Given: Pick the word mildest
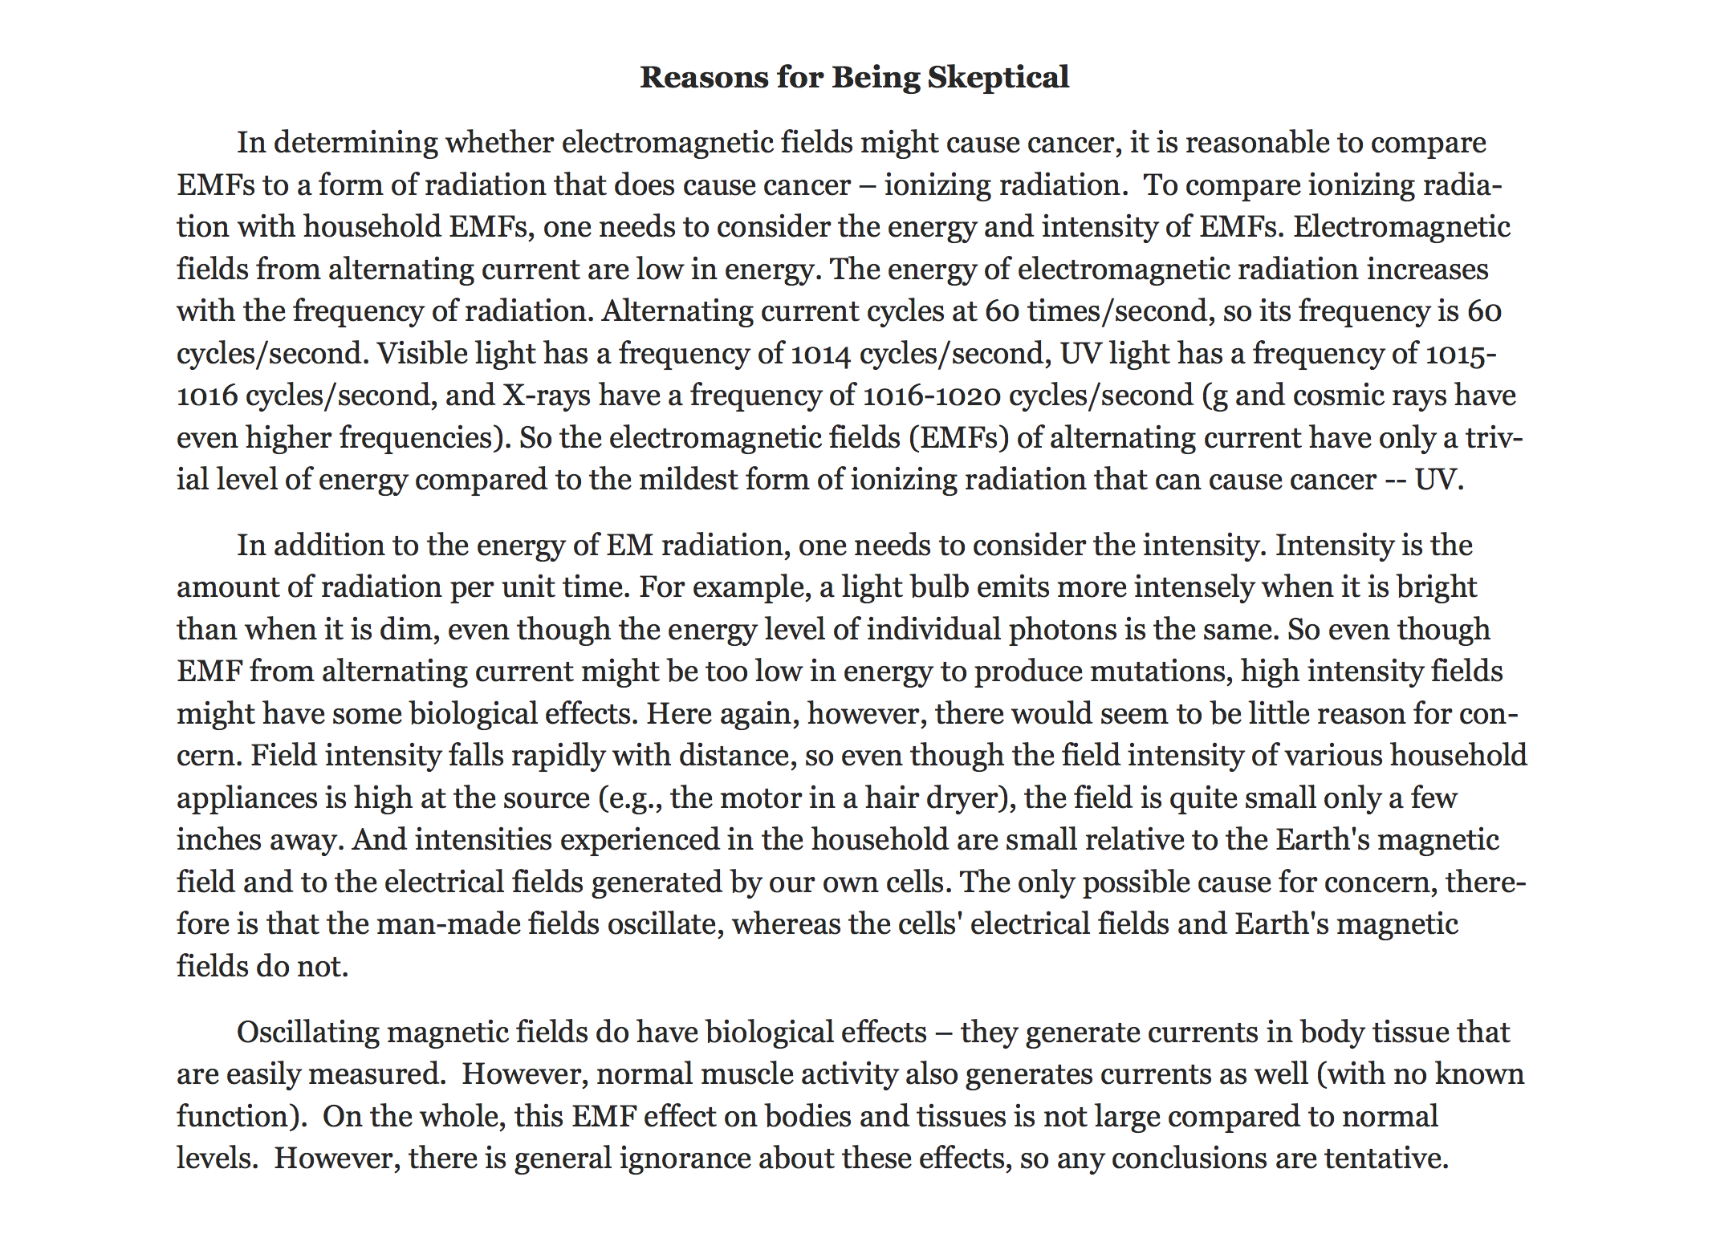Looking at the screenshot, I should [x=686, y=480].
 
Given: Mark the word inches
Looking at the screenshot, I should [x=218, y=840].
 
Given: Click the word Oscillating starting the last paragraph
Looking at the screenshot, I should [x=307, y=1033].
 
